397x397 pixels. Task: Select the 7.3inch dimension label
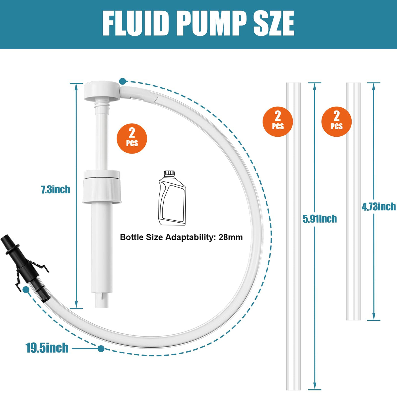tap(56, 189)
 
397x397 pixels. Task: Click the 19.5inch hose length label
tap(47, 348)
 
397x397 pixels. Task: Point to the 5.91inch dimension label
tap(320, 219)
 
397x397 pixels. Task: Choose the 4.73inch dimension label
tap(379, 206)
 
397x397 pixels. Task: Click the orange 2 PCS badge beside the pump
tap(132, 138)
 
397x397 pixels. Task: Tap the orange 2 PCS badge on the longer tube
tap(278, 122)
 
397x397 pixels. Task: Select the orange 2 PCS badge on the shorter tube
tap(337, 122)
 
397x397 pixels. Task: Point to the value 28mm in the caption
tap(231, 237)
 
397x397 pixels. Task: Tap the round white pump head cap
tap(102, 90)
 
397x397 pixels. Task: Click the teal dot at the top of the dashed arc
tap(123, 81)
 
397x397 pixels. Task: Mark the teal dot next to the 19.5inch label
tap(101, 349)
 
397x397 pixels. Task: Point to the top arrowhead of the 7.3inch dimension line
tap(76, 86)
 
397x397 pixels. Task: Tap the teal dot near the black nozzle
tap(26, 290)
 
